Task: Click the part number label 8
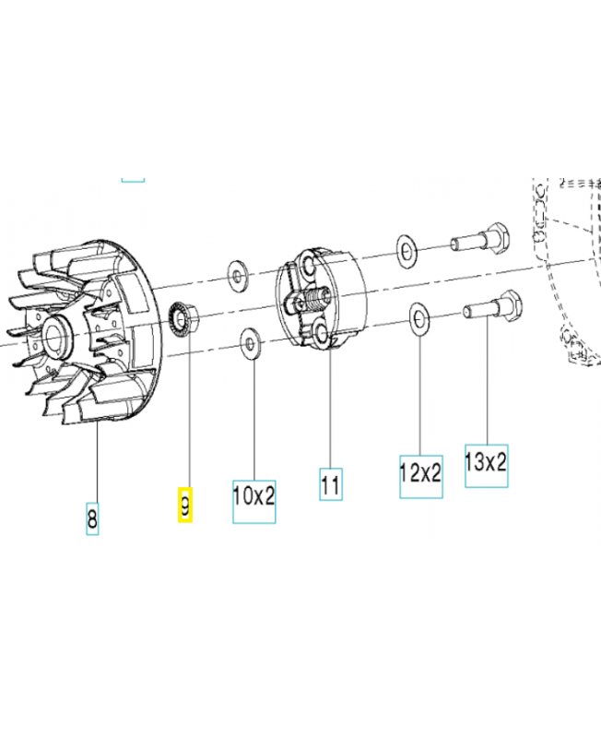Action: [91, 518]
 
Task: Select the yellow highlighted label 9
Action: [185, 505]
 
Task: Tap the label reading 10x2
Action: [253, 496]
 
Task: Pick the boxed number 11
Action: [331, 483]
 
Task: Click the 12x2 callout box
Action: [420, 474]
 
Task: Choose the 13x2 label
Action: [486, 463]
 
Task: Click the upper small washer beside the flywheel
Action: [237, 274]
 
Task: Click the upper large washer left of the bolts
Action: [406, 249]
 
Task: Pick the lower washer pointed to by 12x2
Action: [419, 320]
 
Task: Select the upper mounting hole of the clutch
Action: [305, 269]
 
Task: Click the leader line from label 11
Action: [331, 406]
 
